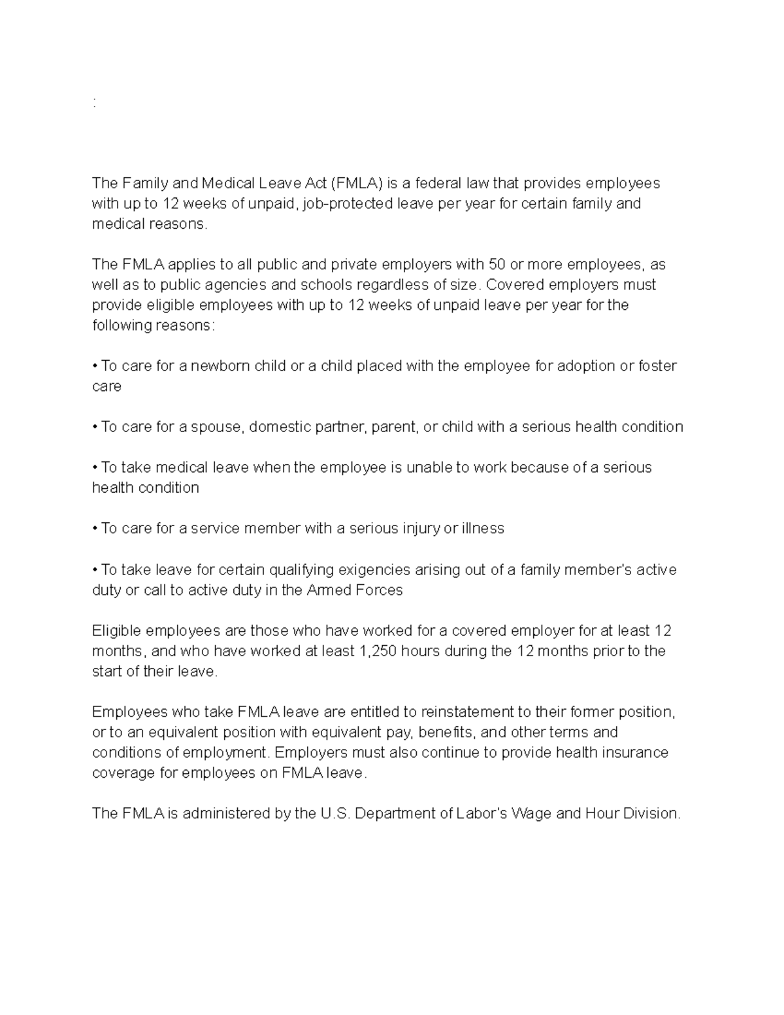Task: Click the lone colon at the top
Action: pos(95,103)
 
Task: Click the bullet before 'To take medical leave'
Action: pos(95,468)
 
